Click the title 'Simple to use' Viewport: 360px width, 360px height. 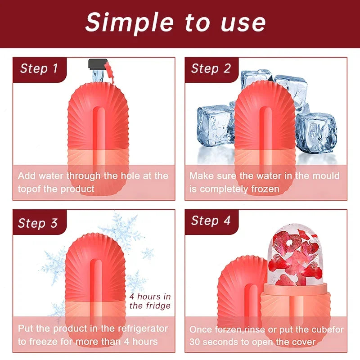[175, 22]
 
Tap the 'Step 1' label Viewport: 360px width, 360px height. [39, 68]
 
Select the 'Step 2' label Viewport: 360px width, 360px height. [211, 68]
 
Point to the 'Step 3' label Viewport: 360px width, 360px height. [38, 223]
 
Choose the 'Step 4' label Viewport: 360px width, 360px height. [211, 220]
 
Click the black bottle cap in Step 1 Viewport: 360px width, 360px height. [96, 63]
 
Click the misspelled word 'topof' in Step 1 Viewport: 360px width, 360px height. [31, 189]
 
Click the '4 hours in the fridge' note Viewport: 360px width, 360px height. [150, 301]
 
